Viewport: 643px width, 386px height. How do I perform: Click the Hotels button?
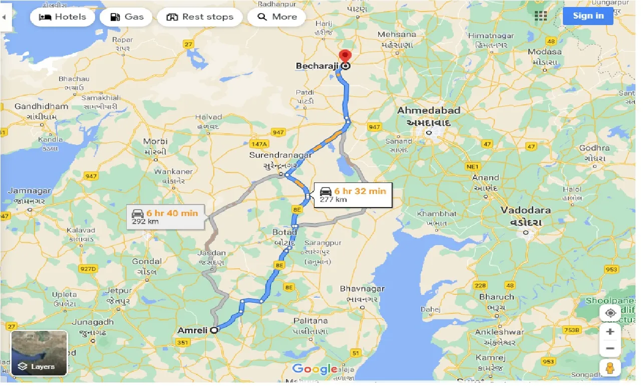62,17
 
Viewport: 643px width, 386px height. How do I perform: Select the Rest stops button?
199,17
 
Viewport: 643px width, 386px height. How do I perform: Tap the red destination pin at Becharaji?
345,57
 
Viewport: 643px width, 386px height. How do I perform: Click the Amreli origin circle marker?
214,330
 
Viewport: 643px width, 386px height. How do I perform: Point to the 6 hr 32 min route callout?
353,195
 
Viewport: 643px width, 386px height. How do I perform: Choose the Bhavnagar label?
362,289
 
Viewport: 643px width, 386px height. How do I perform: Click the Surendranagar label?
280,155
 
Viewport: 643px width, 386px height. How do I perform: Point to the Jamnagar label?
29,191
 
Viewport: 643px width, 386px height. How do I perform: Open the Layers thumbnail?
39,353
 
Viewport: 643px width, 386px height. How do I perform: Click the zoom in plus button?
609,332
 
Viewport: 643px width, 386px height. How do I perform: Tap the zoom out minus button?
609,348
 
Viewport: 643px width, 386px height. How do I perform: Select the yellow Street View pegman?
609,368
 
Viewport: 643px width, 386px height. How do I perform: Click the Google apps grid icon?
541,16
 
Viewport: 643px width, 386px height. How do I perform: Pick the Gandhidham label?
41,106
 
